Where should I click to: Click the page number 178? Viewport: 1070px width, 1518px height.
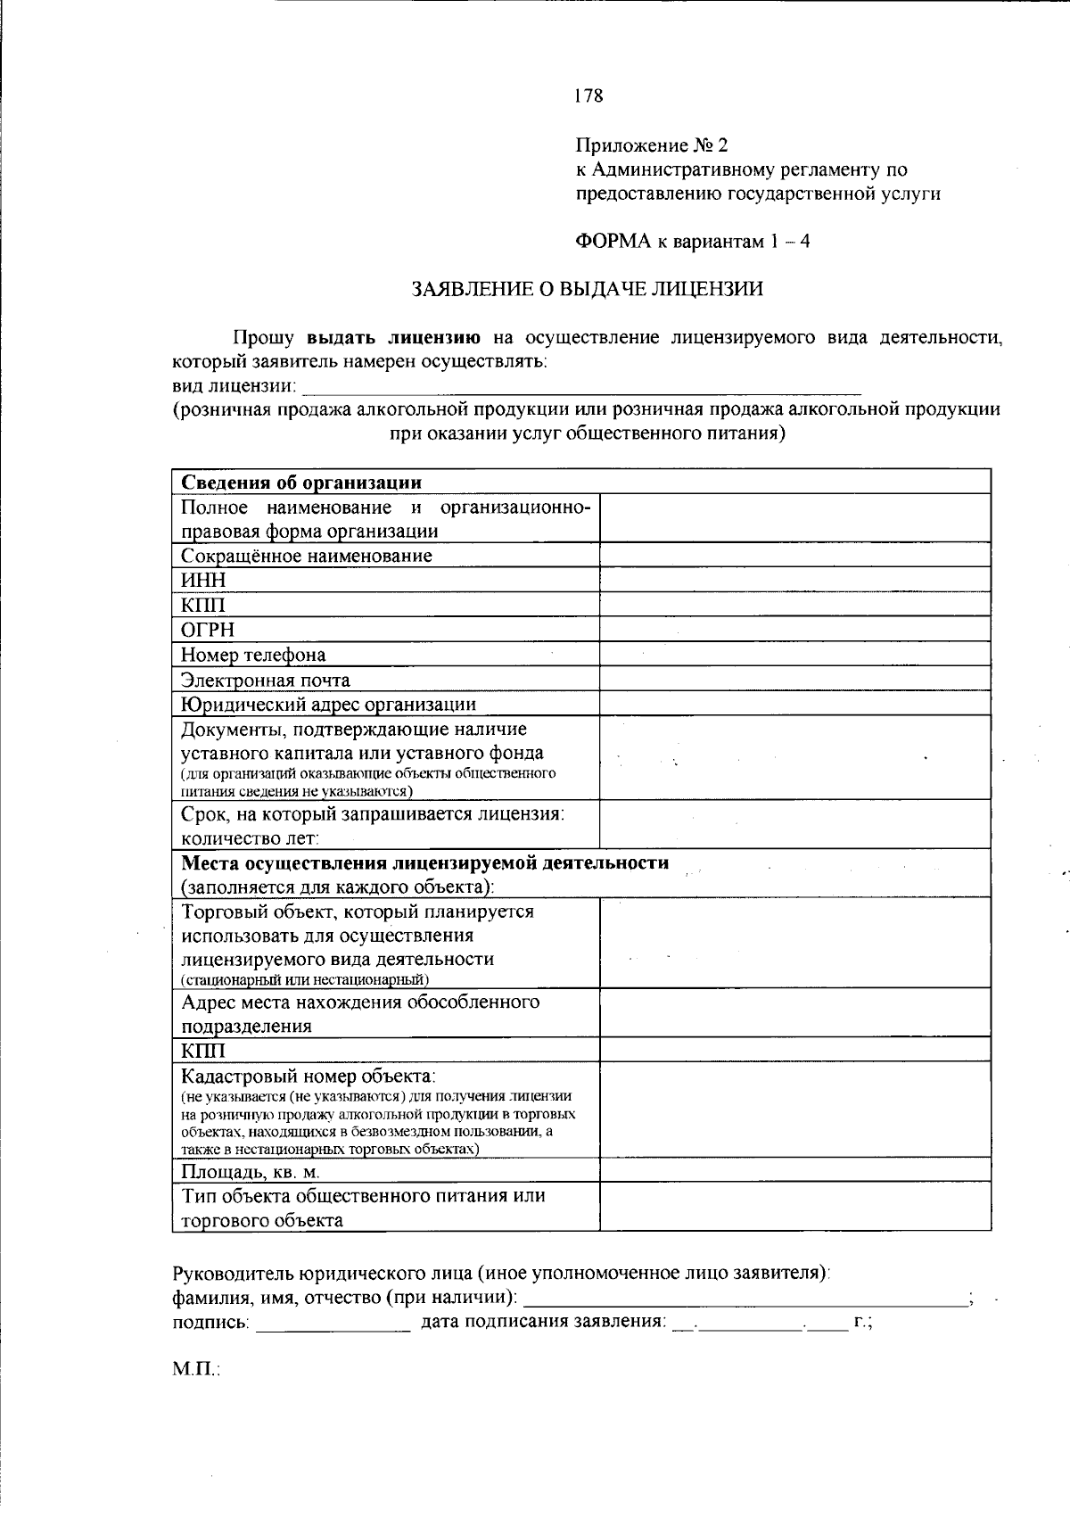click(588, 96)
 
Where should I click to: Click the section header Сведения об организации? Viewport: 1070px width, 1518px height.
click(301, 483)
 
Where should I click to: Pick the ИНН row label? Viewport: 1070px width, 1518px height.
click(204, 581)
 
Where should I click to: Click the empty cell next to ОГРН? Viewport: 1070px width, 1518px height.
click(794, 630)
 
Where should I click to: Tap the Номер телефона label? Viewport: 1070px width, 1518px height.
click(253, 656)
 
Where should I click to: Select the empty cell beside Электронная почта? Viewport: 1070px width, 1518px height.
click(794, 680)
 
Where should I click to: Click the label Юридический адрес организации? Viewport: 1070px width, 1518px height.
click(328, 705)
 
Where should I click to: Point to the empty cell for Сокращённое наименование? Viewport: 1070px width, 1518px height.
click(794, 556)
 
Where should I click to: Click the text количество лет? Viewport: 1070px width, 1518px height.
click(250, 838)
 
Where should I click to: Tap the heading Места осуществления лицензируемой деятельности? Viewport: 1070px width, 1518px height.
click(424, 863)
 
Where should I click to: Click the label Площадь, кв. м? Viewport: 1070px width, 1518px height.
click(251, 1172)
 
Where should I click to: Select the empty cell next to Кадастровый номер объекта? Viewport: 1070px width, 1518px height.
click(794, 1110)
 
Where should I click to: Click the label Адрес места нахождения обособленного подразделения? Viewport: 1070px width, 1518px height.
click(360, 1013)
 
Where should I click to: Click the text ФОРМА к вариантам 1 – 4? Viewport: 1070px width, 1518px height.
click(692, 242)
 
